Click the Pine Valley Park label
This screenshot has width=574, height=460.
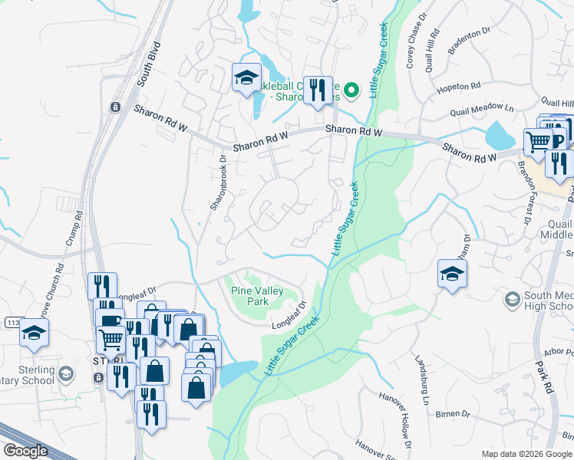pyautogui.click(x=258, y=297)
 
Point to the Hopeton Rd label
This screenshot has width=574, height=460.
pyautogui.click(x=458, y=87)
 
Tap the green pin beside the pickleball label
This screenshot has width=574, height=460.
pyautogui.click(x=351, y=90)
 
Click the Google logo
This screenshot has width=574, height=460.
pyautogui.click(x=26, y=451)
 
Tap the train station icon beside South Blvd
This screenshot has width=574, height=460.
pyautogui.click(x=115, y=107)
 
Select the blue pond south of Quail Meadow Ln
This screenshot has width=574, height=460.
pyautogui.click(x=500, y=136)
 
